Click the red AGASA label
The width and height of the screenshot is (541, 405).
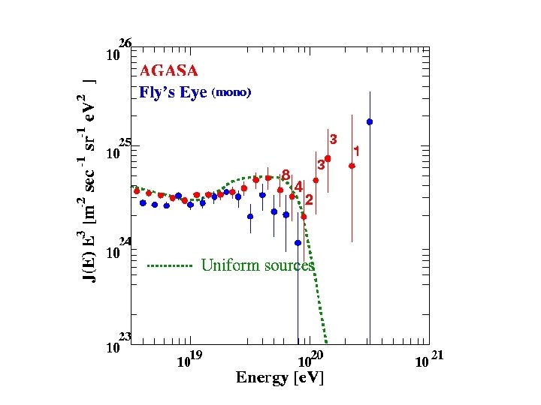(169, 71)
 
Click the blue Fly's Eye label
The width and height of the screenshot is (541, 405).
(173, 93)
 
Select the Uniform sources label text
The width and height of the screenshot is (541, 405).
(258, 265)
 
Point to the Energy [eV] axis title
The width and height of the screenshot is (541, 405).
(280, 377)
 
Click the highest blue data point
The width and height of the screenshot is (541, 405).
(370, 121)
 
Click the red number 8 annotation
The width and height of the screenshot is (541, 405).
(286, 175)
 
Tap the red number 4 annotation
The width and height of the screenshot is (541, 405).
(298, 185)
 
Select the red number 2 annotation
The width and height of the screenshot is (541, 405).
(309, 199)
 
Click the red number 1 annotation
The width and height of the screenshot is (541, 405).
(357, 151)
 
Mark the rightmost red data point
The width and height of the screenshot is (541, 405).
(352, 166)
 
